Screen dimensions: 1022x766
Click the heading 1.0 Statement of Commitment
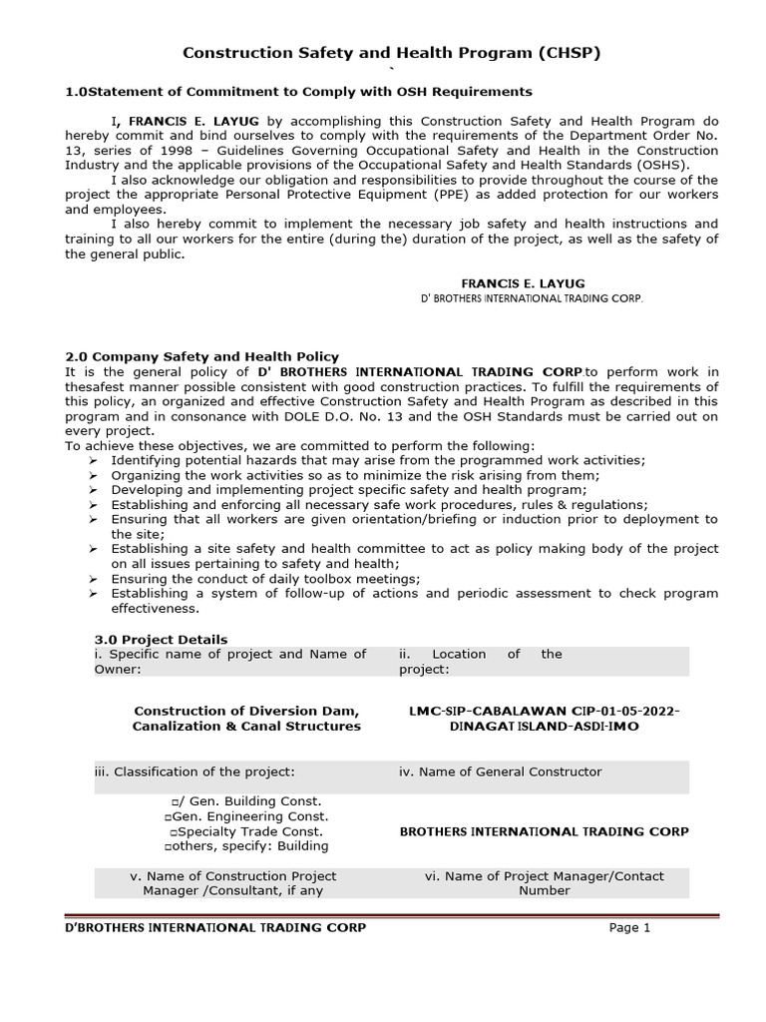298,91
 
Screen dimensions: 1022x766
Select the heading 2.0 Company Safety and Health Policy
201,356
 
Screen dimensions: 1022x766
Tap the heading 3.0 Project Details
161,639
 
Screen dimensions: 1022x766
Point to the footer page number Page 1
629,927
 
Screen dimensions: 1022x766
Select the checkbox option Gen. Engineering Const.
246,816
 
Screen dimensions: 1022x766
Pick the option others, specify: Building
246,846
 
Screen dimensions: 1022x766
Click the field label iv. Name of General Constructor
501,771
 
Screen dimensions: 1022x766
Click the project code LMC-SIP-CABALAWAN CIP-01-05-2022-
544,711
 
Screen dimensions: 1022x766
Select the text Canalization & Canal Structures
246,726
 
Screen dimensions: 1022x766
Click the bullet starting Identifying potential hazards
378,459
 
